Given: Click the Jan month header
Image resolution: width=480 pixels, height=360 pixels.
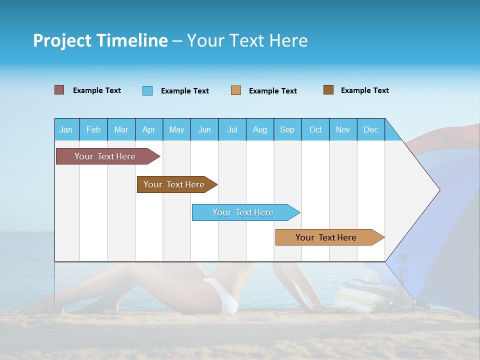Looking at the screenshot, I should [x=66, y=129].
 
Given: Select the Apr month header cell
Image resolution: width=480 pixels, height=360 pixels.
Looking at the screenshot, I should [x=149, y=129].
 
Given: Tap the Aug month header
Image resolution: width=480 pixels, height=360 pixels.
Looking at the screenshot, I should [x=260, y=129].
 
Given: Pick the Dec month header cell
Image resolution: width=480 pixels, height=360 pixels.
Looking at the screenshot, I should [x=371, y=129].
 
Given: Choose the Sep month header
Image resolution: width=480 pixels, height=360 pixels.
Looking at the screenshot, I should [x=287, y=129].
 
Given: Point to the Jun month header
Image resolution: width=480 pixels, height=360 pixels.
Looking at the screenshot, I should [x=204, y=129].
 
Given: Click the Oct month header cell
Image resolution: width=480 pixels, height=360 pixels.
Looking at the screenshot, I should [x=315, y=129].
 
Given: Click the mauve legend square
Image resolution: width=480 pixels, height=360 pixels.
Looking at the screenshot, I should [x=59, y=90].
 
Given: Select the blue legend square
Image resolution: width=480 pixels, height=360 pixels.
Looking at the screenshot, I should [x=147, y=90].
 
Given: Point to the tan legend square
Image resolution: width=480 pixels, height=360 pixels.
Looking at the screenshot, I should [x=236, y=90].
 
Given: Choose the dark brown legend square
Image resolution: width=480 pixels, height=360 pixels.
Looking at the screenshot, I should [x=328, y=90].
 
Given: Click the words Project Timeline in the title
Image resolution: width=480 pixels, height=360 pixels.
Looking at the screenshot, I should [x=100, y=40].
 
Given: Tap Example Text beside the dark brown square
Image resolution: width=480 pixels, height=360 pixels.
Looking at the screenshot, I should [x=364, y=90].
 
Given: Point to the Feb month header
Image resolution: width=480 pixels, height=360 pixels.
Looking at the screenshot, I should [x=93, y=129].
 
